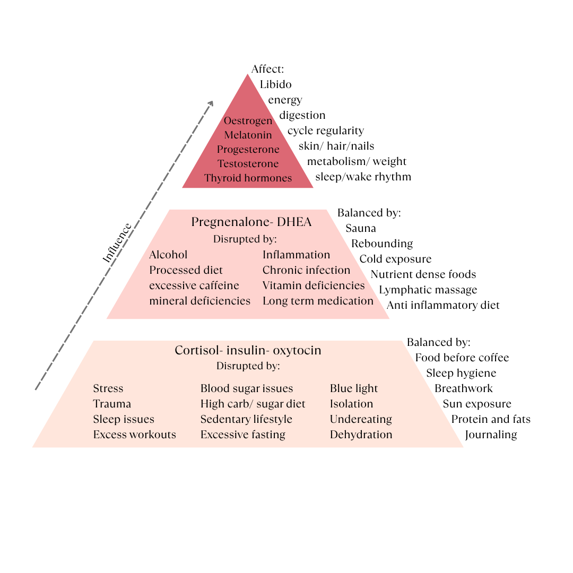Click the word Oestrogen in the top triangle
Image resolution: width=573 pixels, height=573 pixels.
[x=248, y=121]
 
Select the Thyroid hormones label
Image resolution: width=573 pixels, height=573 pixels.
[x=248, y=178]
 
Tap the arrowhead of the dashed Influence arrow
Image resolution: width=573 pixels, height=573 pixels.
[x=211, y=102]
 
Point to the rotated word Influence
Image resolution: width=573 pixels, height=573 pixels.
[x=117, y=243]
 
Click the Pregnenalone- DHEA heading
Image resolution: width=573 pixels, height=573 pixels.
[x=251, y=222]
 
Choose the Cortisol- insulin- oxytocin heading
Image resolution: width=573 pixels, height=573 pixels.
[x=248, y=351]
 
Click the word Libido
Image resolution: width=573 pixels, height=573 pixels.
[x=275, y=84]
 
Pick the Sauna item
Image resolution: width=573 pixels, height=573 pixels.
[x=361, y=229]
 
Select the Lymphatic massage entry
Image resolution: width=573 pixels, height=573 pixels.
[x=428, y=290]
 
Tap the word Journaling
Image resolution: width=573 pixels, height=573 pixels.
[x=491, y=435]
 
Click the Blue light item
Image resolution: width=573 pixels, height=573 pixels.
[x=354, y=389]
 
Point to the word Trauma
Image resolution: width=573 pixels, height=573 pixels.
[x=112, y=404]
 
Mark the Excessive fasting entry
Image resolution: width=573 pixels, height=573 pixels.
[x=242, y=435]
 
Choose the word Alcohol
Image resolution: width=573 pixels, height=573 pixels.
[x=168, y=255]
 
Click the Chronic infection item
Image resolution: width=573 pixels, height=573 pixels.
[x=306, y=271]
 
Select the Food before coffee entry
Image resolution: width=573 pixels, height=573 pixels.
[x=462, y=358]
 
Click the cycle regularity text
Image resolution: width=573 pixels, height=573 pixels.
[x=325, y=131]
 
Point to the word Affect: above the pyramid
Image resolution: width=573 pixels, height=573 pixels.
[x=268, y=70]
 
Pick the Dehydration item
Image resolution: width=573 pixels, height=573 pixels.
[x=361, y=435]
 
